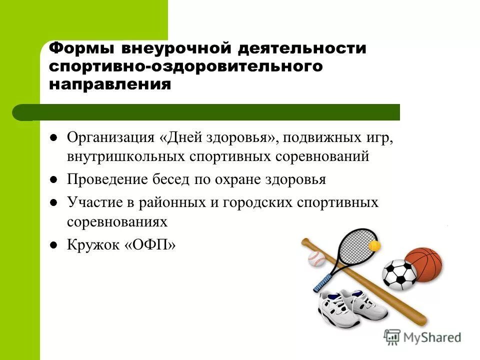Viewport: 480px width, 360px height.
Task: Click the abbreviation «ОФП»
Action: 150,245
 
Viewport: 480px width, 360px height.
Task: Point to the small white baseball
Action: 316,258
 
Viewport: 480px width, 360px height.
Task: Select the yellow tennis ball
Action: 374,245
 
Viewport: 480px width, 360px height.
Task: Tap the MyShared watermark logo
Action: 422,336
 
